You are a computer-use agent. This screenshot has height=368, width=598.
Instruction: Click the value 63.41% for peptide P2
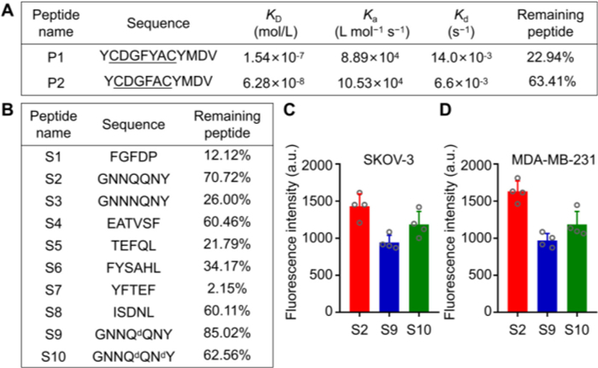[547, 85]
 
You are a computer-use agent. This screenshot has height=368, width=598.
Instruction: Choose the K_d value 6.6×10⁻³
[453, 85]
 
